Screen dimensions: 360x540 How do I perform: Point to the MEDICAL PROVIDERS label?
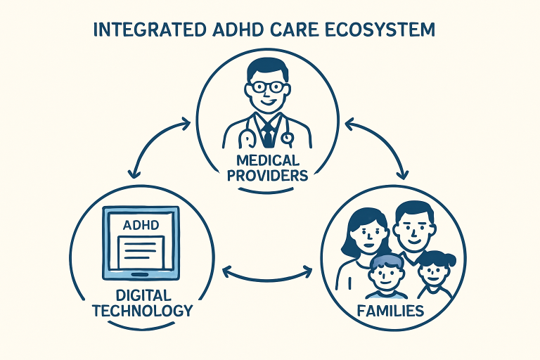click(x=269, y=167)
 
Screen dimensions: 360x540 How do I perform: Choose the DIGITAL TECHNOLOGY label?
click(x=141, y=303)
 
